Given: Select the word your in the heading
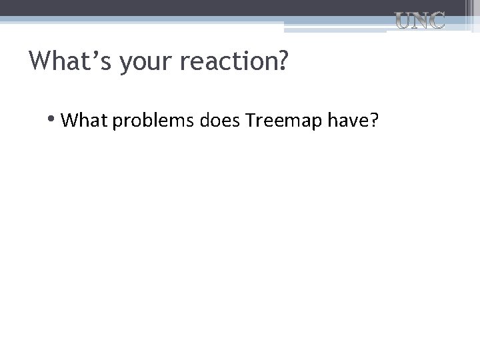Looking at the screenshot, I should (x=139, y=62).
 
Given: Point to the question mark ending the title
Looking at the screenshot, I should (x=283, y=61).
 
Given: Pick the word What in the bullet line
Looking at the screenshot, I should (x=85, y=120).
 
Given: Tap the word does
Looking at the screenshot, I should (x=221, y=120).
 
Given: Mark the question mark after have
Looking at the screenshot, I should (x=374, y=120).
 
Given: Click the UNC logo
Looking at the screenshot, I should (x=420, y=21).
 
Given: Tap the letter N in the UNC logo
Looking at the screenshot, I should (x=420, y=21).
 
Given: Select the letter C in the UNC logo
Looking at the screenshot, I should (x=436, y=21).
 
